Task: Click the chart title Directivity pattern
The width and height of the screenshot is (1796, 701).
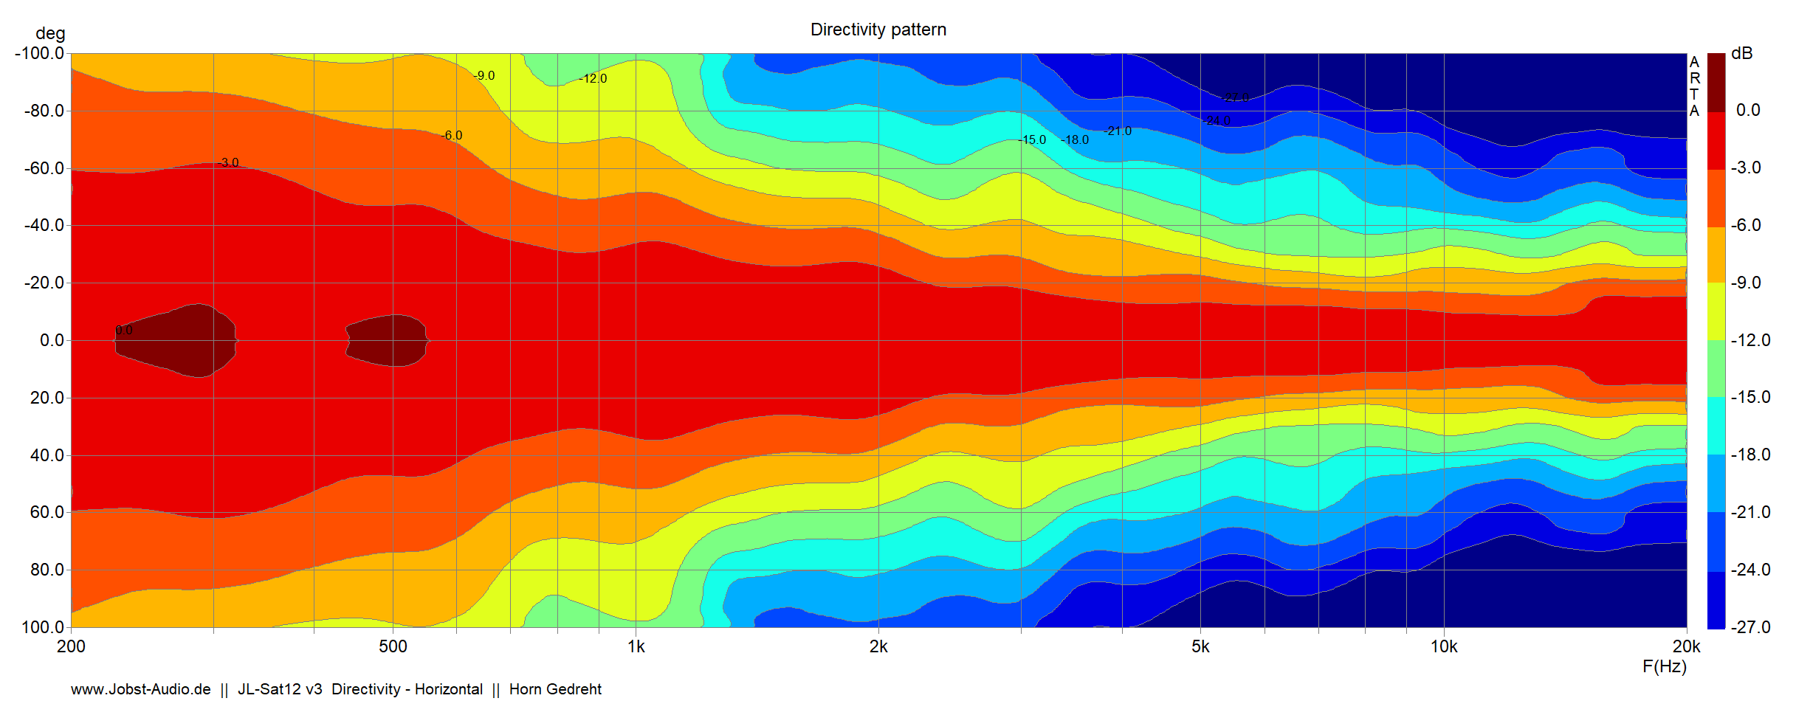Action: coord(878,30)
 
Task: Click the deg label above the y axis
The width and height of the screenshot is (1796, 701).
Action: coord(50,33)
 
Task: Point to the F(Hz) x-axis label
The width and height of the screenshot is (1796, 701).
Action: coord(1664,666)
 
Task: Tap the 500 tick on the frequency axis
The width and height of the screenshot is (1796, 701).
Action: coord(393,646)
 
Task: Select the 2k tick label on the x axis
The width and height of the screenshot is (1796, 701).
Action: coord(878,646)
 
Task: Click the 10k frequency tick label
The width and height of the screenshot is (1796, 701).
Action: coord(1444,646)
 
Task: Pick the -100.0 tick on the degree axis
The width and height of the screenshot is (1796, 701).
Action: coord(40,53)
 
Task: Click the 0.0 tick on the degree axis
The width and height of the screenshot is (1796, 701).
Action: coord(52,340)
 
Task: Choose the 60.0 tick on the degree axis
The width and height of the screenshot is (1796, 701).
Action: coord(47,512)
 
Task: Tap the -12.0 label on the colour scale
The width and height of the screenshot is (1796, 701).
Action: coord(1750,340)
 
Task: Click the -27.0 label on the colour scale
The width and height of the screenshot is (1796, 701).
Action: coord(1750,627)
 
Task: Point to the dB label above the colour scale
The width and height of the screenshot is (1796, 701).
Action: coord(1741,53)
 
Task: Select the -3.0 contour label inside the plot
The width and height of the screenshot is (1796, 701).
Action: coord(230,162)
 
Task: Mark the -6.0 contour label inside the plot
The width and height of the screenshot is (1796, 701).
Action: coord(452,135)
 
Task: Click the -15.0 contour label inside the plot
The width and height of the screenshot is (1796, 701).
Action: coord(1032,139)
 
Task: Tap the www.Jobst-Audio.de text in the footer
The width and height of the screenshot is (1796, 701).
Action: coord(140,689)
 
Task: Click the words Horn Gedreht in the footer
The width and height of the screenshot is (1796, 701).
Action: coord(555,689)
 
